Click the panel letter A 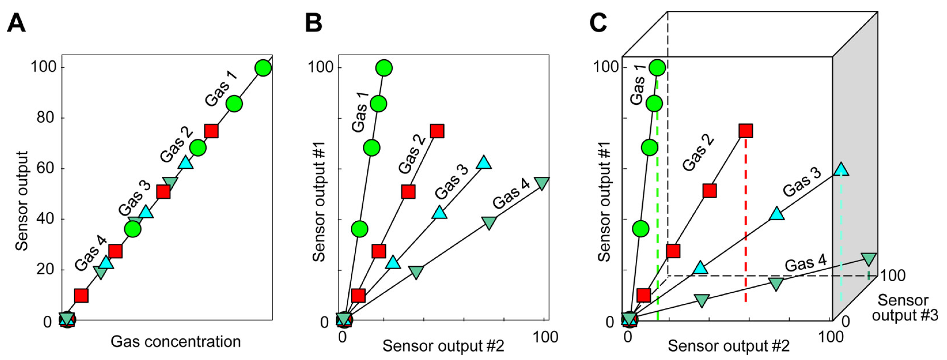(16, 23)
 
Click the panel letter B (314, 23)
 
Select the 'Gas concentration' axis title (175, 342)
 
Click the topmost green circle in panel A (263, 68)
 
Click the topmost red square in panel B (437, 131)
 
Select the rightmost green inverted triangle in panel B (542, 183)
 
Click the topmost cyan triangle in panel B (484, 162)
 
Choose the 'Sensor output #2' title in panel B (443, 346)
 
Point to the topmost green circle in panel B (384, 68)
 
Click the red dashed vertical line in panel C (746, 221)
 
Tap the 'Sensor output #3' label (905, 308)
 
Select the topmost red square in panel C (746, 131)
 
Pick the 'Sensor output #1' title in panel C (604, 202)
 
